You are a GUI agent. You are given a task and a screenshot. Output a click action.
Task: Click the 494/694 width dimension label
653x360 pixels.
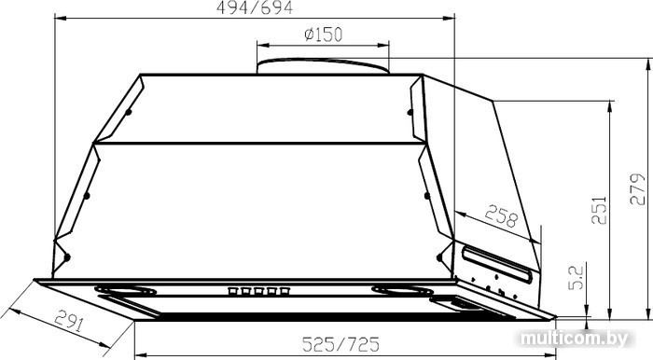(x=255, y=7)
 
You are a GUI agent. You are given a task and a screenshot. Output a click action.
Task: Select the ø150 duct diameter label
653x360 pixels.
(x=323, y=35)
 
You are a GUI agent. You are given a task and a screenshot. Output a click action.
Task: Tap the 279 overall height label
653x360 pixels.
(x=637, y=189)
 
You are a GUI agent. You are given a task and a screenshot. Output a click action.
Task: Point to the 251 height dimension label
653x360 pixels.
(x=599, y=210)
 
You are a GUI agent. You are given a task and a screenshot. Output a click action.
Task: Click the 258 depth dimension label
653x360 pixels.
(x=502, y=215)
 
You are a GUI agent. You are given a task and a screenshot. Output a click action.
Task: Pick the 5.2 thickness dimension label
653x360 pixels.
(x=577, y=278)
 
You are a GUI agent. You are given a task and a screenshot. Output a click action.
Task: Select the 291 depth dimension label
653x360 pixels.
(x=70, y=320)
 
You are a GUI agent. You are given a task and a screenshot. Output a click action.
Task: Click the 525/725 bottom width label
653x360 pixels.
(x=340, y=344)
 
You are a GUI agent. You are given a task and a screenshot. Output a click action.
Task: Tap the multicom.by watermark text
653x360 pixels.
(x=574, y=339)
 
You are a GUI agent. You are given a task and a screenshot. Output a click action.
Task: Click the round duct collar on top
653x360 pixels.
(x=323, y=66)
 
